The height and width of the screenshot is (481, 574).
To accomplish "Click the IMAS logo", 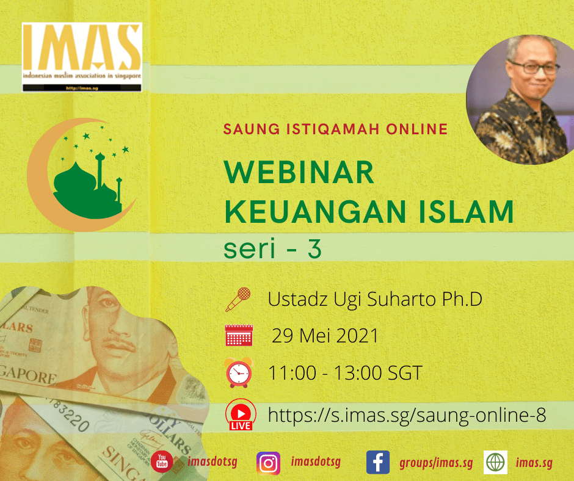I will point(82,57).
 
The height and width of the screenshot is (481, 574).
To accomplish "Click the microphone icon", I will point(238,299).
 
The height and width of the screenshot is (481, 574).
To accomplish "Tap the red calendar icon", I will point(239,336).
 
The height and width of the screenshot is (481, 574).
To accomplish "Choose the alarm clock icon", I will point(238,373).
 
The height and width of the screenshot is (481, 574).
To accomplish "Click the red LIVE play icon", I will point(240,416).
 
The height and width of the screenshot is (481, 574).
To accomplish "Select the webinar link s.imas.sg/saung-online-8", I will point(407,415).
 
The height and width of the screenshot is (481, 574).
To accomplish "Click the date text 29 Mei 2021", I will point(325,336).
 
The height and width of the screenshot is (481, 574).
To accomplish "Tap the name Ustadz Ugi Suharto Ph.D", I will point(374,300).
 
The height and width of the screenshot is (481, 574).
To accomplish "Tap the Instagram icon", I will point(268,463).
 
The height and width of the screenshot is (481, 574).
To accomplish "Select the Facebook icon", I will point(378,463).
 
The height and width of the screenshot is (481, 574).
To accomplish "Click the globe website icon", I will point(495,463).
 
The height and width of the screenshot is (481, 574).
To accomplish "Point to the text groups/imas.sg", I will point(436,463).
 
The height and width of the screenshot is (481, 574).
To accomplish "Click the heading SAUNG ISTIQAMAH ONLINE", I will point(336,129).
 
